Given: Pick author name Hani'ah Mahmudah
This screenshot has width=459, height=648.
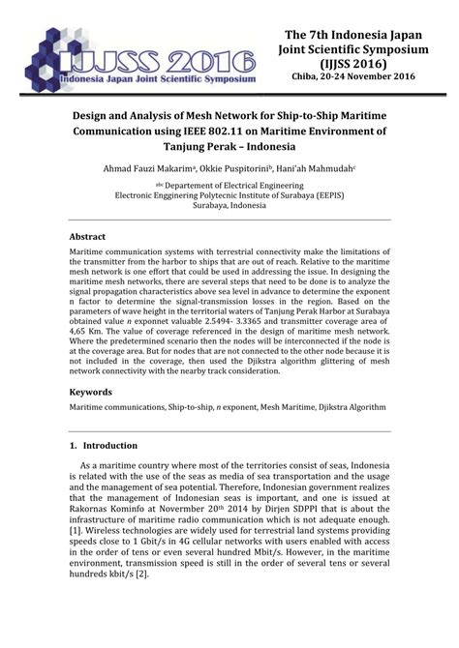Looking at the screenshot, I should click(329, 168).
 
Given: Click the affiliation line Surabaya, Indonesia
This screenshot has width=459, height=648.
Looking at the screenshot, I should click(229, 207).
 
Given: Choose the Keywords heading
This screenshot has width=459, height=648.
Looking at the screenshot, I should click(91, 393).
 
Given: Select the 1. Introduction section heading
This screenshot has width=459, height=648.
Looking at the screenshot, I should click(104, 446).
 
